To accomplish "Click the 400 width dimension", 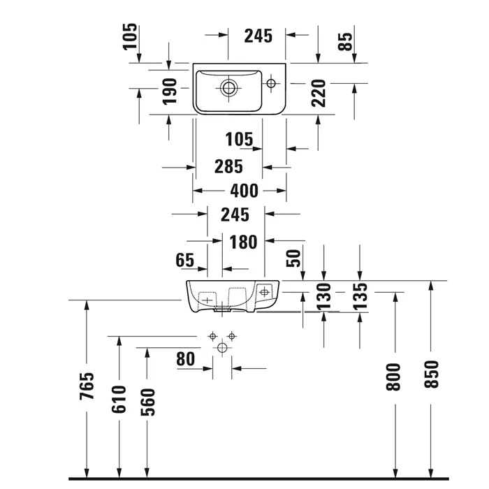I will tap(240, 191).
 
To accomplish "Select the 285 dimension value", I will tap(228, 167).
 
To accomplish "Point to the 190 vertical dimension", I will tap(169, 92).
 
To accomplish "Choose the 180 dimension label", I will tap(244, 242).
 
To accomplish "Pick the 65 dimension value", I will tap(184, 261).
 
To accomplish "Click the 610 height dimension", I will tap(119, 399).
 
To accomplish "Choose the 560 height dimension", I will tap(147, 402).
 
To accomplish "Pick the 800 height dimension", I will tap(395, 377).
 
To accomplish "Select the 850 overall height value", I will tap(431, 375).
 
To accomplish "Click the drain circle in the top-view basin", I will tap(228, 88).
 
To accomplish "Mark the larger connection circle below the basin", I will tap(224, 347).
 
